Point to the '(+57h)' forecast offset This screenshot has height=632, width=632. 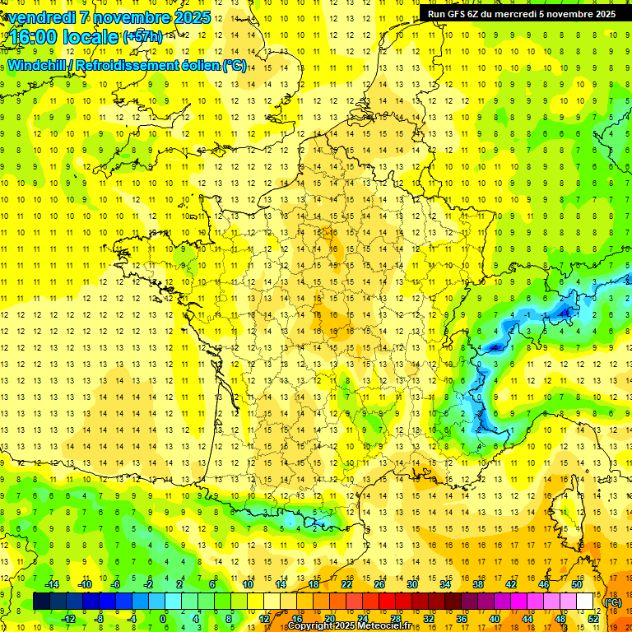tap(142, 37)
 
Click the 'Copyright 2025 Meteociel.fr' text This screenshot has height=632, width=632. tap(349, 626)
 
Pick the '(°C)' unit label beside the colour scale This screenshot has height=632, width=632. tap(612, 602)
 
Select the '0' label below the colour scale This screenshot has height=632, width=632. tap(163, 619)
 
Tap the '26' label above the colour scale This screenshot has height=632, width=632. tap(379, 584)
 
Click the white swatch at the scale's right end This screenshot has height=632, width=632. tap(584, 602)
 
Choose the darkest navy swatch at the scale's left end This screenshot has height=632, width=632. tap(41, 602)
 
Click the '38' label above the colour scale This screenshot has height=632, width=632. tap(477, 584)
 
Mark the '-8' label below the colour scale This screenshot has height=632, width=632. tap(99, 619)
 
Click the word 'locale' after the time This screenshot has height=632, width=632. tap(91, 37)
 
